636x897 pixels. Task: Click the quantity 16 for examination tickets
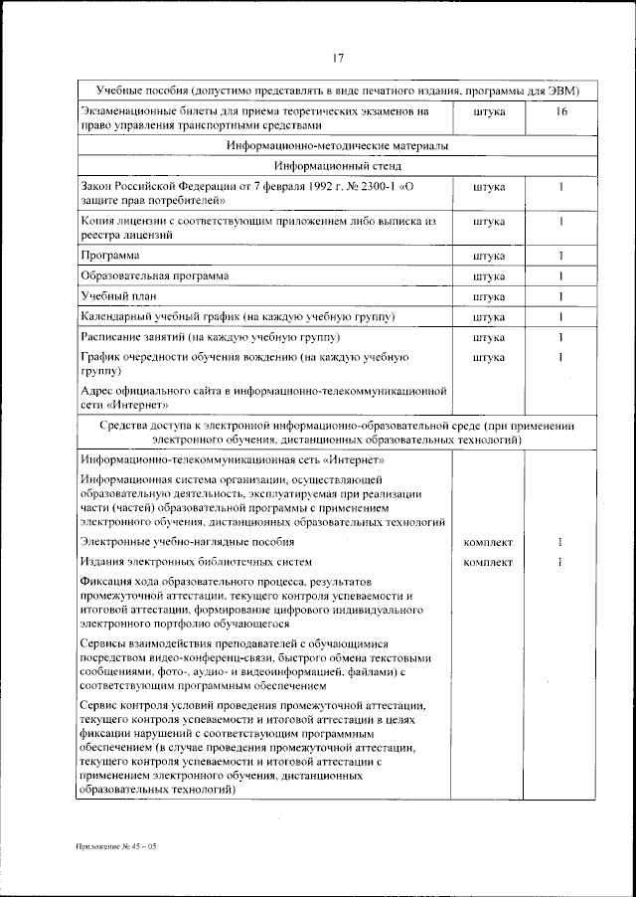[x=561, y=112]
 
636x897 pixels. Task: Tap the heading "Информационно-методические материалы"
[x=338, y=146]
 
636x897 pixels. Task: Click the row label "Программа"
[x=109, y=257]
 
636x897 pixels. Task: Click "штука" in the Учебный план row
[x=489, y=296]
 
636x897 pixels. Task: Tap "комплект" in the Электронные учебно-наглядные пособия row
[x=489, y=542]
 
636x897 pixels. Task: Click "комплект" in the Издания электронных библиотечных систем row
[x=489, y=562]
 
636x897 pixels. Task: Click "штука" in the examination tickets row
[x=489, y=112]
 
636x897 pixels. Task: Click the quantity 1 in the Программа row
[x=561, y=257]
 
